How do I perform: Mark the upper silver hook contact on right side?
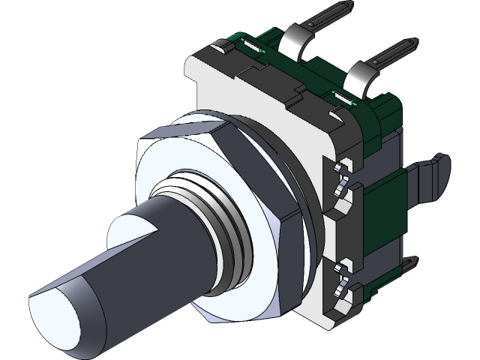click(343, 173)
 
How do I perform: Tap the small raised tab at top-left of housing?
click(221, 49)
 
